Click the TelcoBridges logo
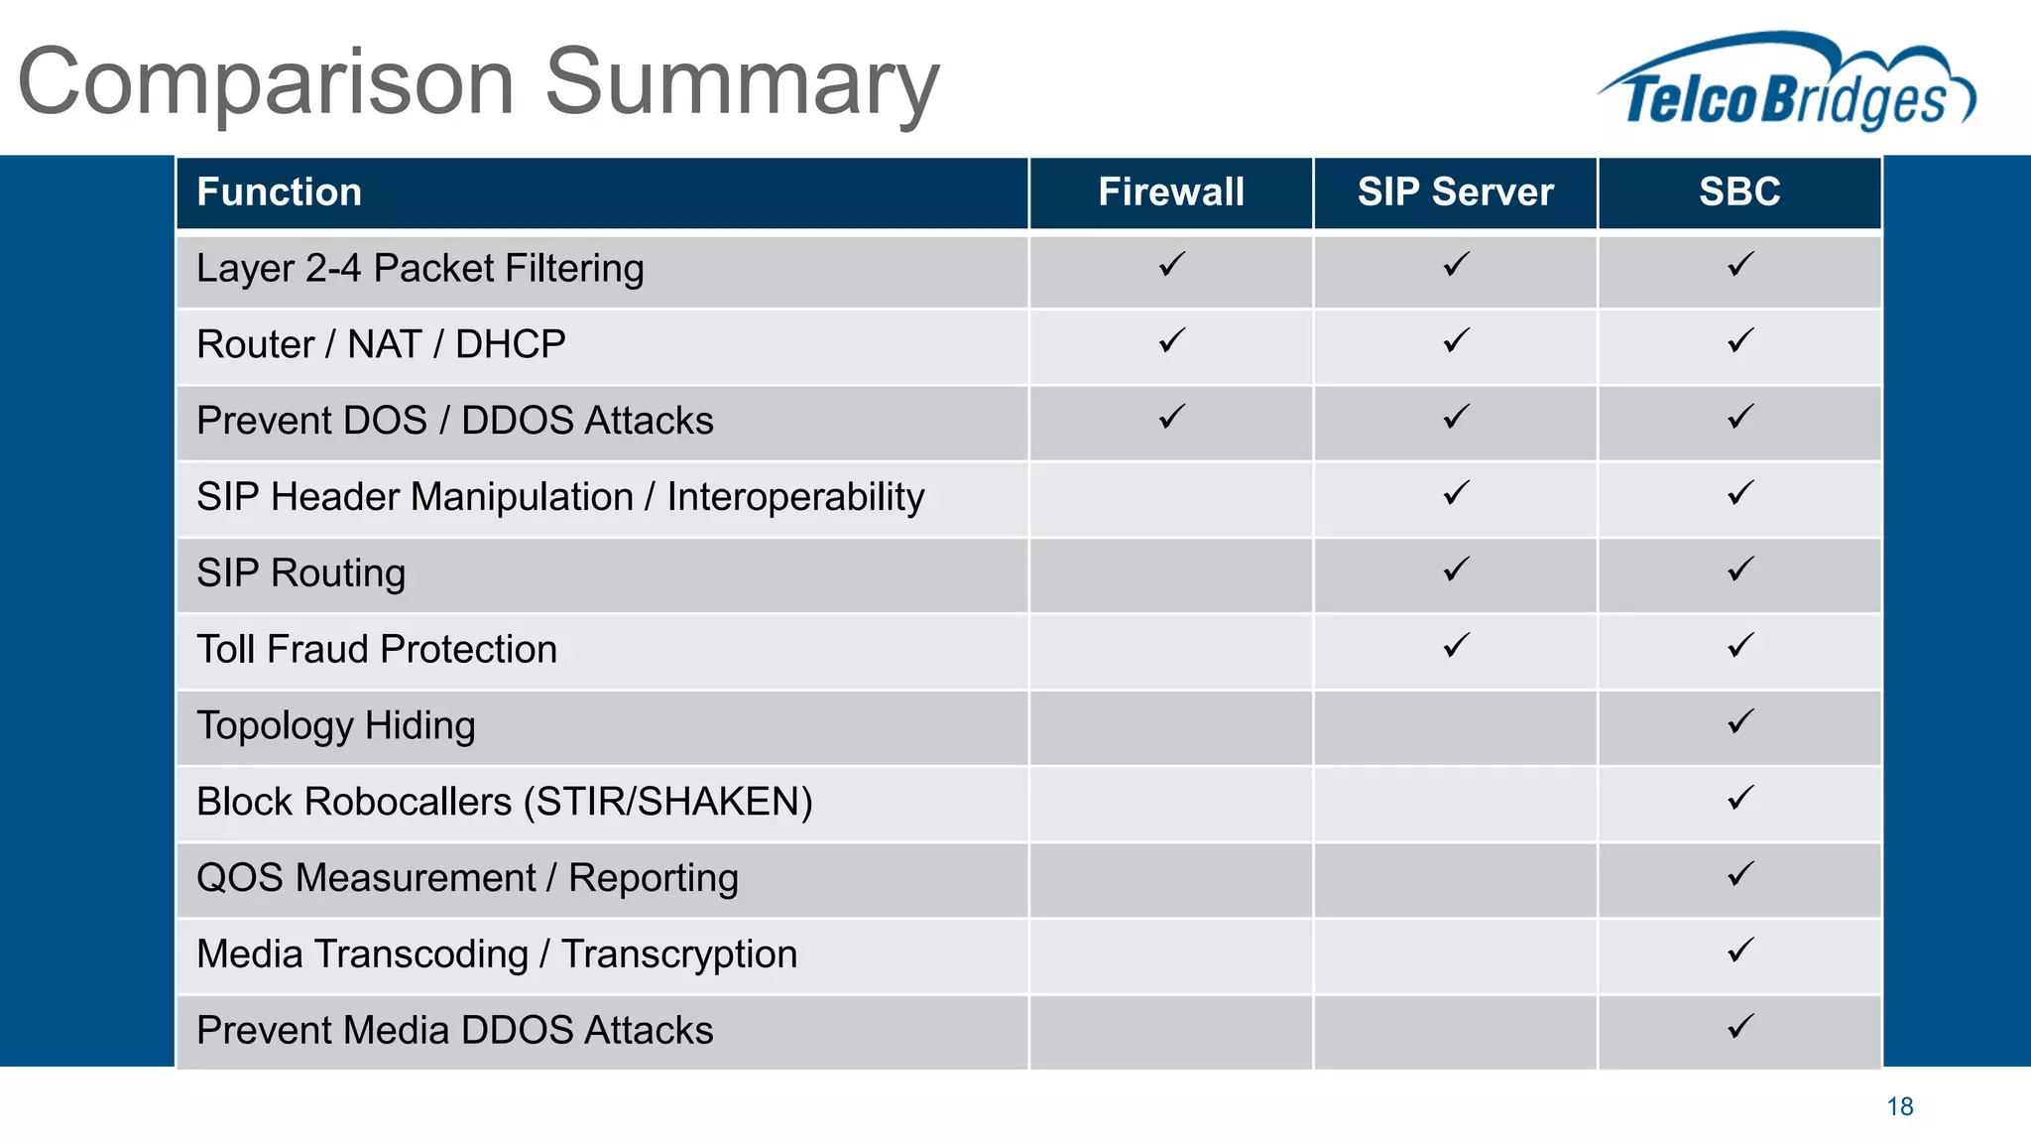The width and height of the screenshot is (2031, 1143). click(1785, 84)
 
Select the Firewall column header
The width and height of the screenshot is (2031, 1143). click(1170, 191)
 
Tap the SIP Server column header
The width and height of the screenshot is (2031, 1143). click(1455, 191)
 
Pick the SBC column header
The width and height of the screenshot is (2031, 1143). click(1739, 191)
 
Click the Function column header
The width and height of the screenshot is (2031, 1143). click(280, 191)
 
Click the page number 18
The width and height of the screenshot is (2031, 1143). click(1899, 1106)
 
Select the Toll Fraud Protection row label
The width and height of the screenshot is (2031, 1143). click(377, 650)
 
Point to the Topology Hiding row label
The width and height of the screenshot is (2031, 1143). click(336, 726)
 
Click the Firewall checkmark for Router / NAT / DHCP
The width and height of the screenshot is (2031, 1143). click(1171, 341)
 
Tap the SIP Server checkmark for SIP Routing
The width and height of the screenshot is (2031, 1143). click(1456, 570)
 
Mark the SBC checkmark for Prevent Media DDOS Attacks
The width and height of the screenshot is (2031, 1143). click(1740, 1027)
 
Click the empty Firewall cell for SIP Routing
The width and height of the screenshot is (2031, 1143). click(1170, 574)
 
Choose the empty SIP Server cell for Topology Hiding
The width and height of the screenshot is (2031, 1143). click(1455, 727)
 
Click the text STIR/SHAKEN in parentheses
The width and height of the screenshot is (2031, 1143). click(667, 803)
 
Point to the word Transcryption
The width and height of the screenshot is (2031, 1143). click(679, 954)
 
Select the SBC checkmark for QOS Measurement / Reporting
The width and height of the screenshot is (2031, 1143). click(1740, 874)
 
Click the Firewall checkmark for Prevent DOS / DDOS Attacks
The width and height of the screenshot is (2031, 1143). click(1171, 417)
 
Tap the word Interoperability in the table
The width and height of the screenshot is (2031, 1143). click(795, 497)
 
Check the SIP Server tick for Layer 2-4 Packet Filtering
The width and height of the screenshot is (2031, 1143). click(1456, 265)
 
